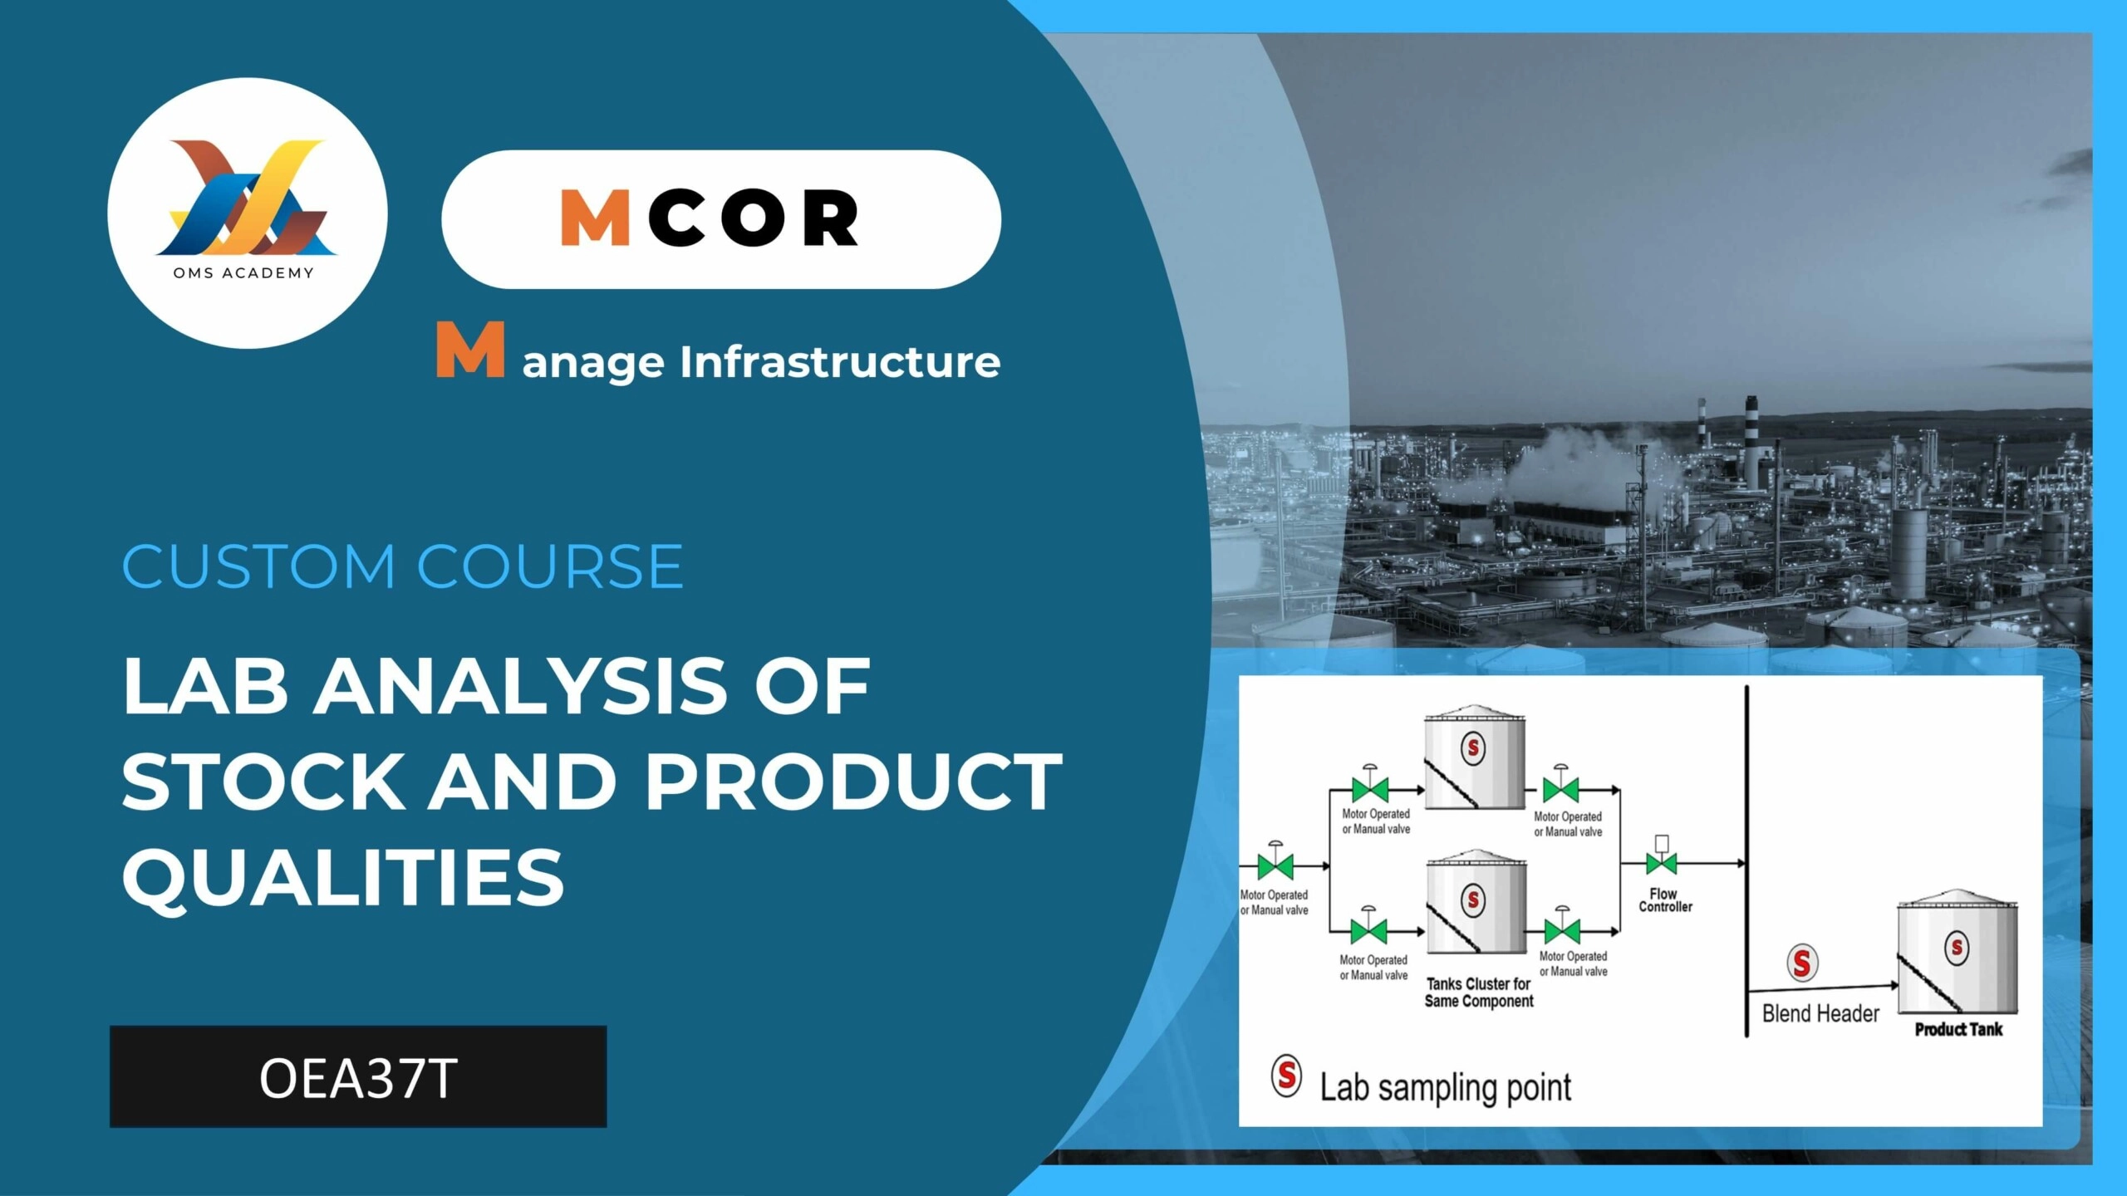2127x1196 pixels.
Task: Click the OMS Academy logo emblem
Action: coord(247,199)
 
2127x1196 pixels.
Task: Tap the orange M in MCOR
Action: coord(595,218)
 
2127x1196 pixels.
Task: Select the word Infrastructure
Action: coord(840,362)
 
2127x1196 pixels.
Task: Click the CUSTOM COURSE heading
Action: coord(403,566)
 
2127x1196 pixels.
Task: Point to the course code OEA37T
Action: coord(358,1078)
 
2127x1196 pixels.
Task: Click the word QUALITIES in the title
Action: coord(343,877)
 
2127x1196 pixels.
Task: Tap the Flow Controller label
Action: coord(1664,900)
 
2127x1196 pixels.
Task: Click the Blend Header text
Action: coord(1820,1014)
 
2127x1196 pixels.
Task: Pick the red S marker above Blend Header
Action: coord(1802,963)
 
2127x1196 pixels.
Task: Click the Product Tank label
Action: coord(1958,1030)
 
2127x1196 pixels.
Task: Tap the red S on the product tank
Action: coord(1957,948)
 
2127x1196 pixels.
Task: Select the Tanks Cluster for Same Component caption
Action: coord(1479,993)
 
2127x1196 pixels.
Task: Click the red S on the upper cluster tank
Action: coord(1473,748)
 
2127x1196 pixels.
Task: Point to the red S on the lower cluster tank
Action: coord(1473,899)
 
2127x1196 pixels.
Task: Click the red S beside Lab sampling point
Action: coord(1286,1076)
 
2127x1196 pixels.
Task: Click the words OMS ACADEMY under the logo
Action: coord(243,273)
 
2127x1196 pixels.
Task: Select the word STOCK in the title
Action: coord(262,781)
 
